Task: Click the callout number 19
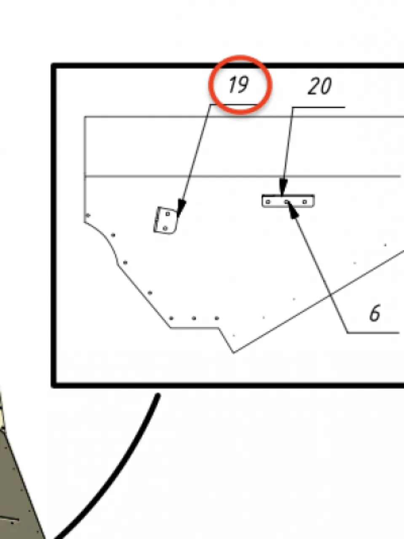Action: coord(238,85)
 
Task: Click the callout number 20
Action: coord(319,86)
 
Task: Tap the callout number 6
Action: coord(375,313)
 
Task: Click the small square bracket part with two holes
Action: coord(166,221)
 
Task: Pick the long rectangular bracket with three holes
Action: coord(288,201)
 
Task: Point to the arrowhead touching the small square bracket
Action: coord(181,208)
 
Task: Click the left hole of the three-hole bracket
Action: coord(268,202)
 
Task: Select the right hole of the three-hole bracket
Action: coord(305,202)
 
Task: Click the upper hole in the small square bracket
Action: coord(168,214)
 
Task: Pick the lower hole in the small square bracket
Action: coord(165,228)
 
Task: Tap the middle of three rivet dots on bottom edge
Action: coord(194,318)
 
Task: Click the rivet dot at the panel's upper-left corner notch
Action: coord(88,216)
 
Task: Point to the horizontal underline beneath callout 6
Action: coord(373,333)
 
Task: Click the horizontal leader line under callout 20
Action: coord(318,107)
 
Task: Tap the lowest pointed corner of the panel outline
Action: coord(233,353)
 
